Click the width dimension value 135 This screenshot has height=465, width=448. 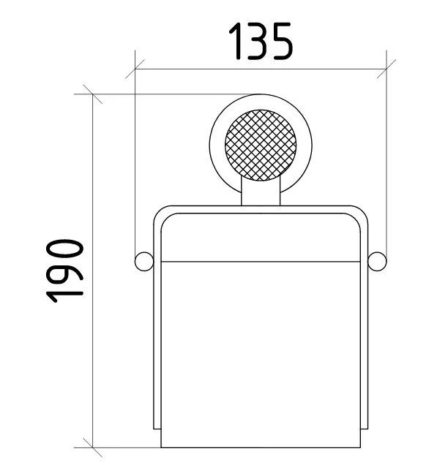(x=261, y=41)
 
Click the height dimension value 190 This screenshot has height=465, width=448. (x=64, y=271)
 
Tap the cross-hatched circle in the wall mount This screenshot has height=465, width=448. (x=261, y=145)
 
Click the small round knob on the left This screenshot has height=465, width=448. (x=144, y=261)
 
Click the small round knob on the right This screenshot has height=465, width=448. (x=377, y=261)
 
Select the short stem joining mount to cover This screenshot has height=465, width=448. (x=261, y=192)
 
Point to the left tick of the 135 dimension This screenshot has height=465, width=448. (x=135, y=69)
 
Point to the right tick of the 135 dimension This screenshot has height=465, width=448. (x=387, y=69)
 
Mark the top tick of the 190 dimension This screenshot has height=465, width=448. (x=93, y=94)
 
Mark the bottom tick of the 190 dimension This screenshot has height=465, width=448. (x=93, y=447)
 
